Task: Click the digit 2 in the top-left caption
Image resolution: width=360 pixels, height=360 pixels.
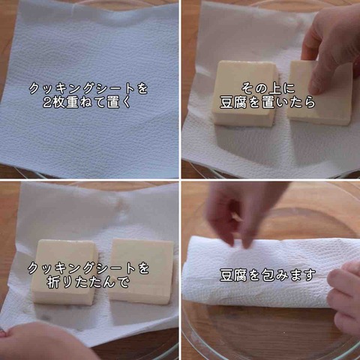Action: tap(47, 102)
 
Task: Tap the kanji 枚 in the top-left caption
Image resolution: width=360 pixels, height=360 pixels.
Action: tap(58, 102)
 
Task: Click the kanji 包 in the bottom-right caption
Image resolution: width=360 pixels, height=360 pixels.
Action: tap(268, 274)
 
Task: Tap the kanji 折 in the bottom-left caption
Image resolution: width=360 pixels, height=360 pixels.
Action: tap(54, 282)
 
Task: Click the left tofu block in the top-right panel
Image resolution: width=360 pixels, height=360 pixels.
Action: tap(245, 93)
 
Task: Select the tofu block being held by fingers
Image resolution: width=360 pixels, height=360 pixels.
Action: tap(320, 93)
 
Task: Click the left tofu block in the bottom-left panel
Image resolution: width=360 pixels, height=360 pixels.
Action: tap(64, 272)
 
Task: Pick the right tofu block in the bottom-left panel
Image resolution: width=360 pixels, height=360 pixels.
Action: tap(141, 271)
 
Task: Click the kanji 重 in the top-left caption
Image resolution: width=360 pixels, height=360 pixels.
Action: tap(73, 102)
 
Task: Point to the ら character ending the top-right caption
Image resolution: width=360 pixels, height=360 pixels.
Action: tap(309, 102)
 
